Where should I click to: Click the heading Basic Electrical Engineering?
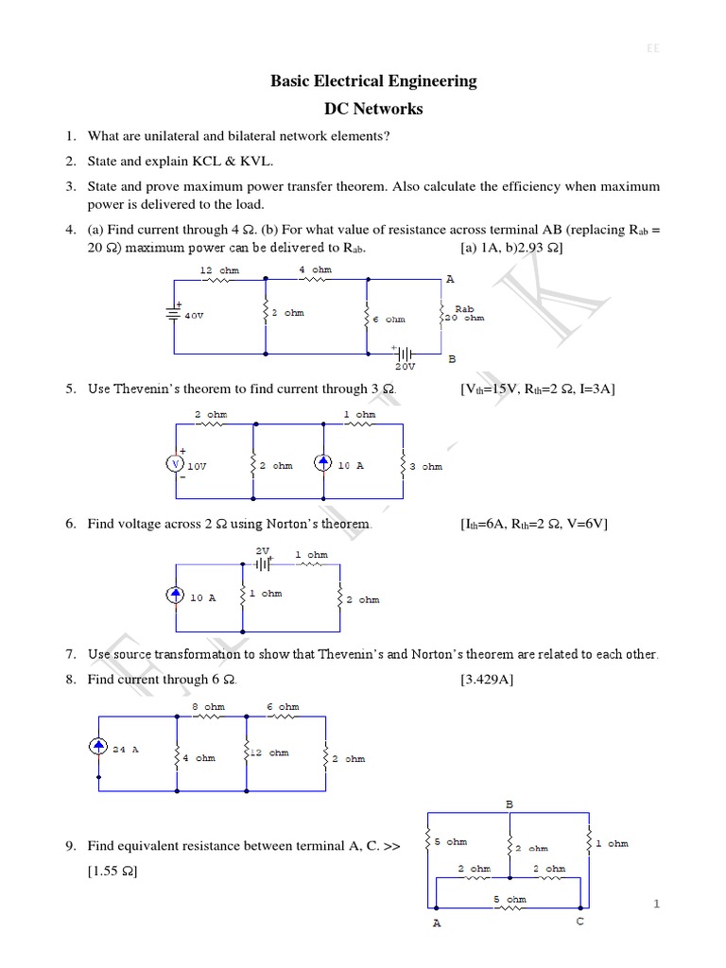(x=373, y=81)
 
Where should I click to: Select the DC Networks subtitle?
(x=373, y=109)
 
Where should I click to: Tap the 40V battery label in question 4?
(x=194, y=317)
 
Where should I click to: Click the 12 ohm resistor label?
(x=219, y=270)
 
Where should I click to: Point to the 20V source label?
(x=406, y=367)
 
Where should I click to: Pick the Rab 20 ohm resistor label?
(x=464, y=313)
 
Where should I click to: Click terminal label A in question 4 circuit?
(x=450, y=279)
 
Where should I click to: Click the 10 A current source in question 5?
(x=324, y=463)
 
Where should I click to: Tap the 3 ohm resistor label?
(x=425, y=466)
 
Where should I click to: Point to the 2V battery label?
(x=263, y=549)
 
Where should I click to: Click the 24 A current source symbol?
(x=99, y=748)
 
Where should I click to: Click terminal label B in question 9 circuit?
(x=509, y=804)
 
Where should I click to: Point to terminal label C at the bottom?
(x=580, y=922)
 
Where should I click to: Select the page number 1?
(x=656, y=905)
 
